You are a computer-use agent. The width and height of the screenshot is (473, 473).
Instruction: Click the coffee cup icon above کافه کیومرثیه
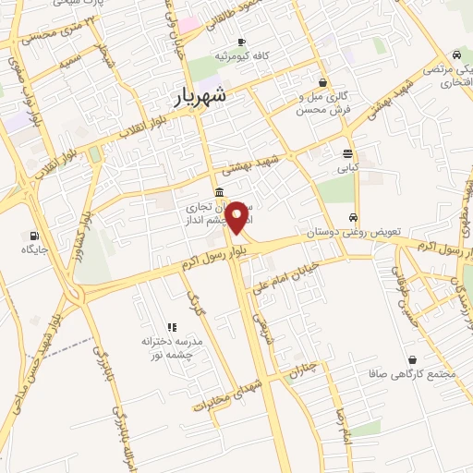[241, 42]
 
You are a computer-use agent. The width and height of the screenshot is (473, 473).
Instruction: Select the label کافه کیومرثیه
[240, 56]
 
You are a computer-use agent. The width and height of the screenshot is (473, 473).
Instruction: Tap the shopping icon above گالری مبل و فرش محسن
[321, 82]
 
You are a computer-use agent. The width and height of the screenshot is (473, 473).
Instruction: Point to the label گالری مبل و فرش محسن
[322, 104]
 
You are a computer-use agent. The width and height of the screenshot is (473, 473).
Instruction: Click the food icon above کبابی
[347, 153]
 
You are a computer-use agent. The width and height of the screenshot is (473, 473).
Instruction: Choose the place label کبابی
[347, 168]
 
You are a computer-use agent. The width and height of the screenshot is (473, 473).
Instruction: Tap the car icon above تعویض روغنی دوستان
[354, 218]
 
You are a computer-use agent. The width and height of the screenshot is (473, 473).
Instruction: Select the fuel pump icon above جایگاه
[35, 235]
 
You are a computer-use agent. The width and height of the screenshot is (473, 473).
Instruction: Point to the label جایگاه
[35, 249]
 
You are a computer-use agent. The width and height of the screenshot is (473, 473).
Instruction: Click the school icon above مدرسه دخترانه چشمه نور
[171, 326]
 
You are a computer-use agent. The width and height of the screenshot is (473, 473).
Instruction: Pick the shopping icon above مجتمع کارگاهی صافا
[411, 359]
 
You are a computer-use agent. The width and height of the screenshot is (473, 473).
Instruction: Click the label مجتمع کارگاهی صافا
[411, 374]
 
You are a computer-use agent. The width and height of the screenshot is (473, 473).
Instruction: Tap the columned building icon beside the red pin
[217, 192]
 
